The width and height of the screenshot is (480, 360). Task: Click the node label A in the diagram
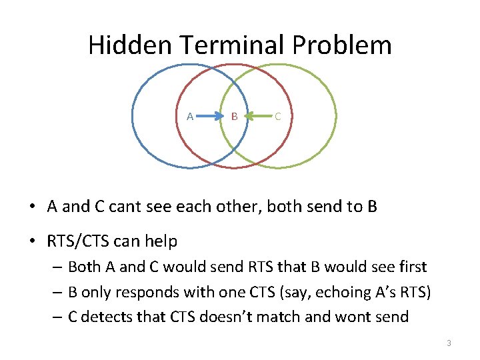tap(190, 117)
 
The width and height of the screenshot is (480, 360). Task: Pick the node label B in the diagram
tap(234, 117)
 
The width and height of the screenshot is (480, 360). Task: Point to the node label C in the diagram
tap(277, 117)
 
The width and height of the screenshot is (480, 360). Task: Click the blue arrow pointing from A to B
tap(212, 117)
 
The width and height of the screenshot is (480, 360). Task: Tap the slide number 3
tap(449, 343)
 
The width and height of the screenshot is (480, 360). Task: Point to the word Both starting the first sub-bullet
tap(84, 267)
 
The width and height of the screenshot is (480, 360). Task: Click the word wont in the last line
tap(353, 316)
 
